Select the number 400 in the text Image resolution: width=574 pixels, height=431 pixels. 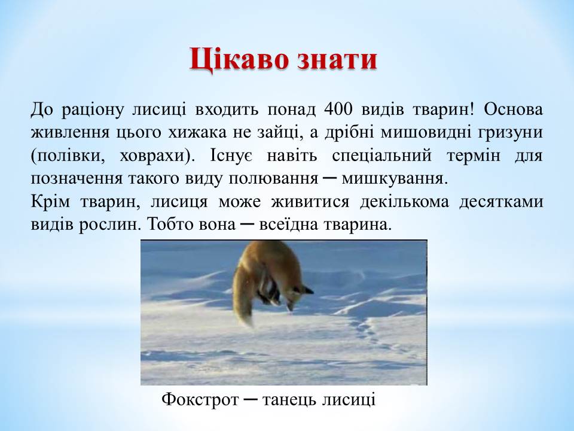point(338,110)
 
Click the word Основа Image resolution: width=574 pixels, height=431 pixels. point(513,110)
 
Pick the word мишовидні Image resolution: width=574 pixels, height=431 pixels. point(425,132)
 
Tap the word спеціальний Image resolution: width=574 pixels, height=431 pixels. point(381,156)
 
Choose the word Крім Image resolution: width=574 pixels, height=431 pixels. point(50,201)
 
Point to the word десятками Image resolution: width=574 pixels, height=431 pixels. point(501,202)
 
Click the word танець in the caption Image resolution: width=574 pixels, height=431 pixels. point(289,399)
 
